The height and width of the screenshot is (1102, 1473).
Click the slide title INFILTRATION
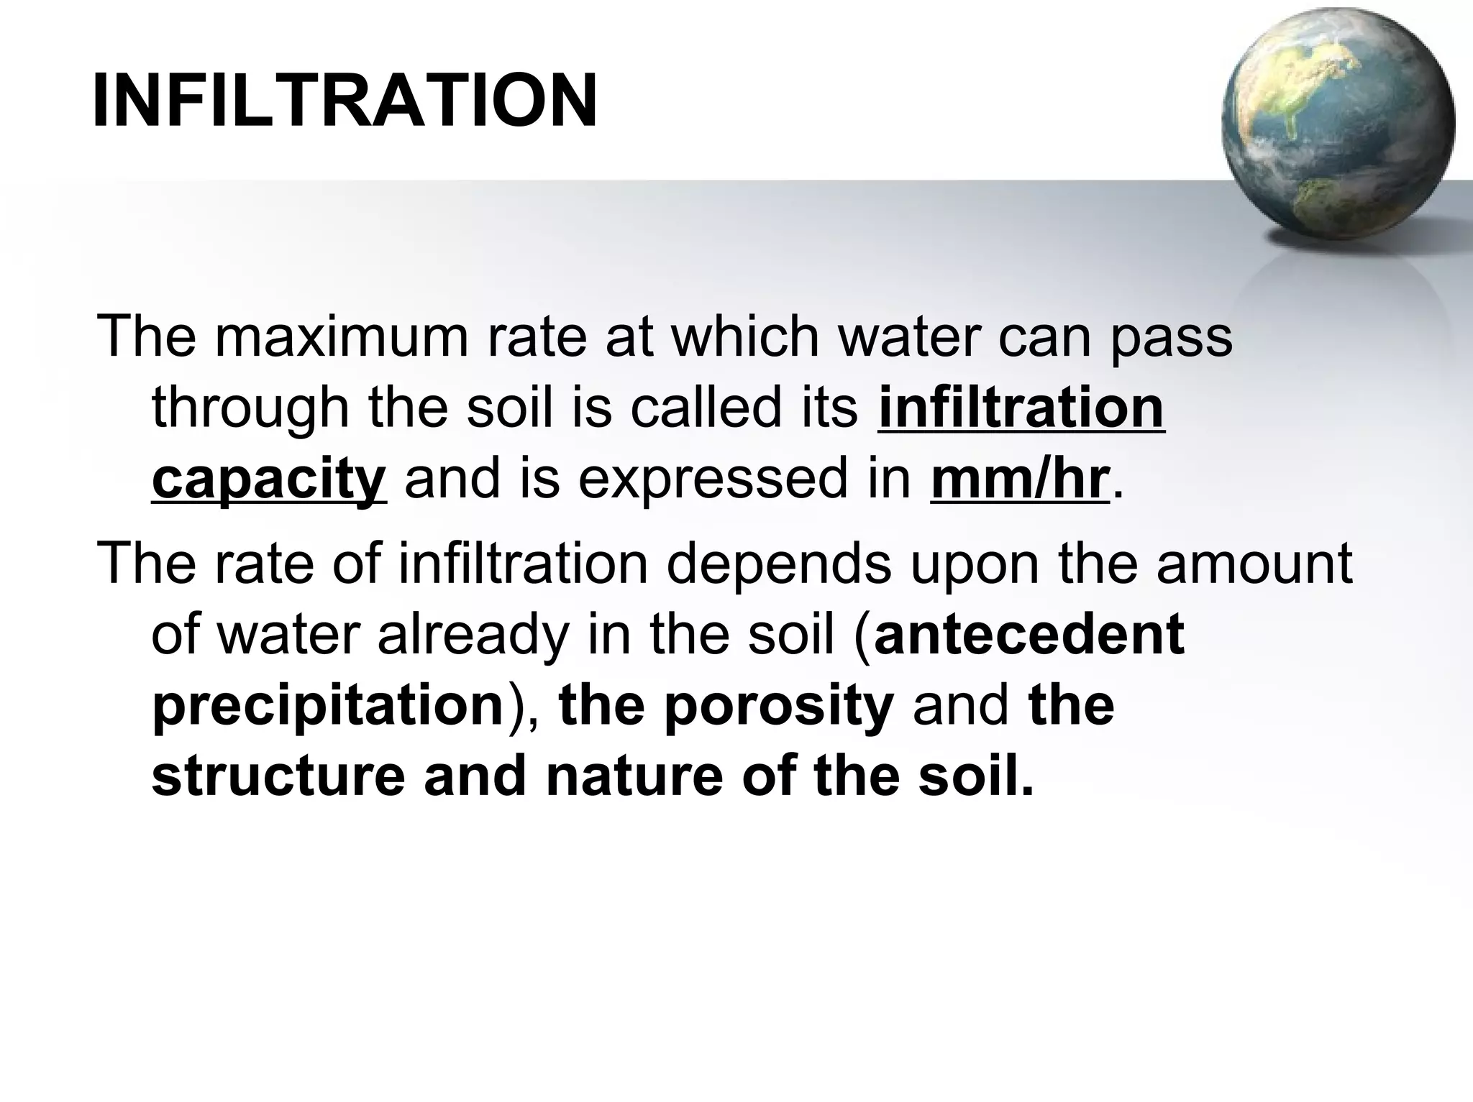point(345,101)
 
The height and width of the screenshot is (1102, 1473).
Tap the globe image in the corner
point(1338,126)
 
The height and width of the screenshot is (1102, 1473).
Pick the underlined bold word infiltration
point(1021,408)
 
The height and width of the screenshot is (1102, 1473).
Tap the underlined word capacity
point(269,480)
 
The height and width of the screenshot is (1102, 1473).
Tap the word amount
point(1254,564)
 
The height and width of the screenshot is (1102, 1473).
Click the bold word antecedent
point(1029,634)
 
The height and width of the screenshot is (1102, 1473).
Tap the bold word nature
point(634,776)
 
